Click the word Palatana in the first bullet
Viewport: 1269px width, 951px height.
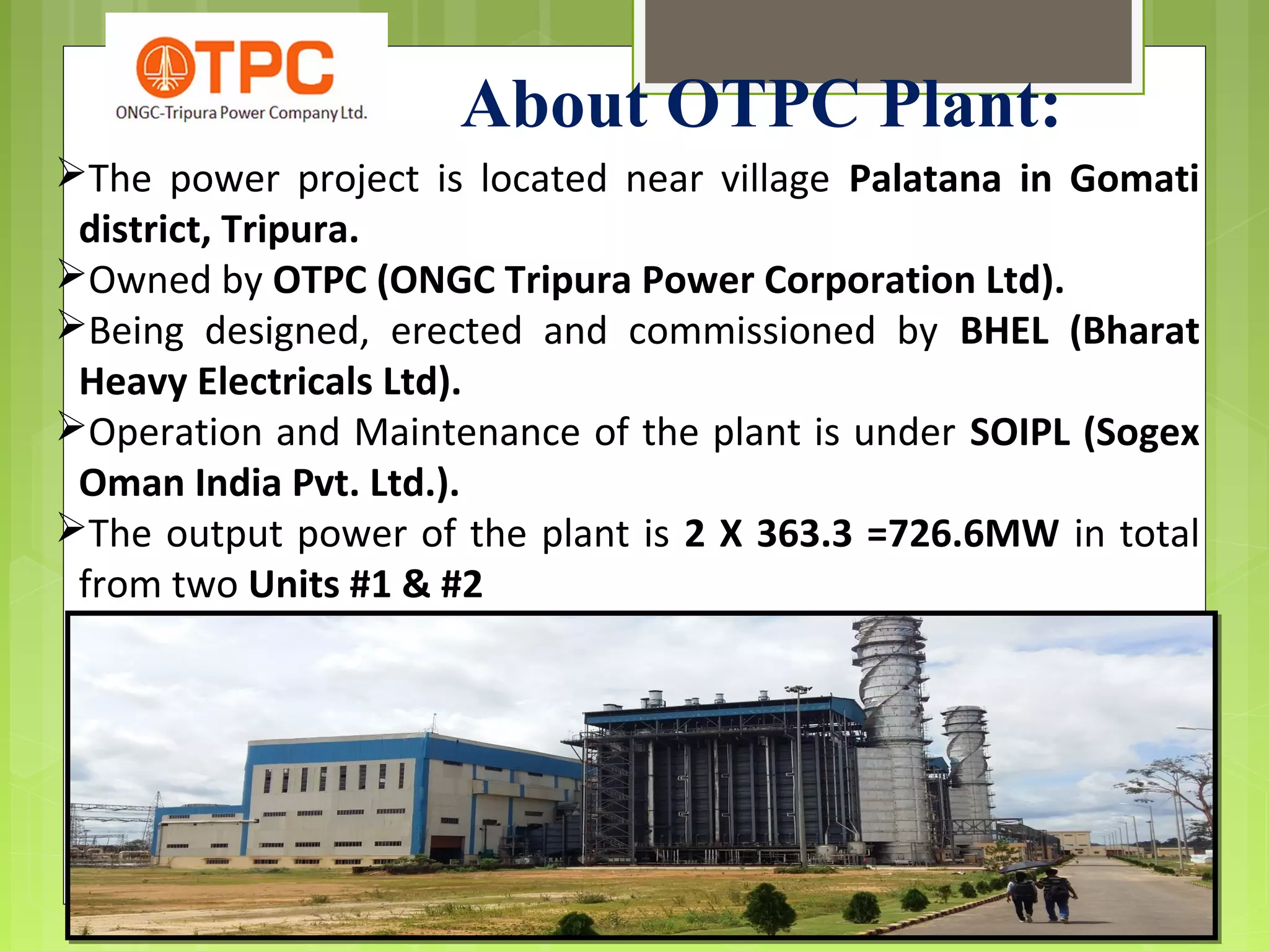pos(924,180)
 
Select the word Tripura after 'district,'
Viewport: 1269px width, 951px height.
pos(290,230)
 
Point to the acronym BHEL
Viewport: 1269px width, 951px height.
pos(1004,331)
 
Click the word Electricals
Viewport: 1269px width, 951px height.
pos(284,382)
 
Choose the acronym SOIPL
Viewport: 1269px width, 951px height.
pos(1019,432)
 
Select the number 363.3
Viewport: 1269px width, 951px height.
pos(804,534)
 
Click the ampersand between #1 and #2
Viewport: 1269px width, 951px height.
pos(416,584)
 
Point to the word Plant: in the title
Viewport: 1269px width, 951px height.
pos(970,105)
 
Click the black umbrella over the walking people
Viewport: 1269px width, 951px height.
pos(1026,867)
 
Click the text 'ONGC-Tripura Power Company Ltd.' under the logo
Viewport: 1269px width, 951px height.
pos(242,113)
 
